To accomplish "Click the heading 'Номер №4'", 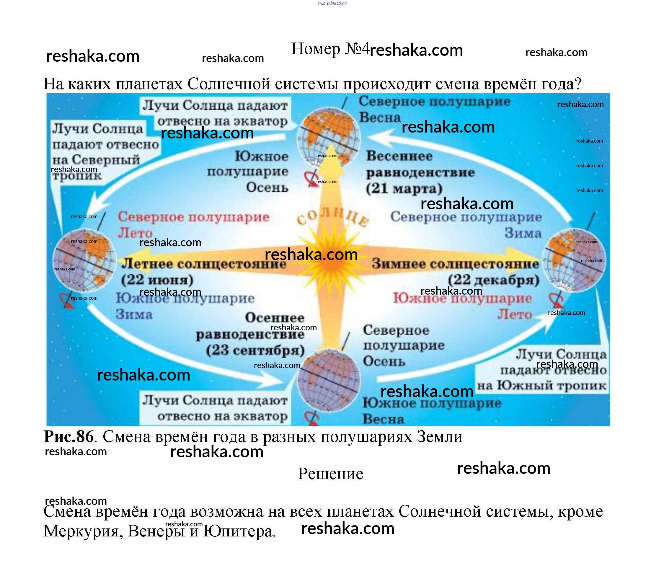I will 330,49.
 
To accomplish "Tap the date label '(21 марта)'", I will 404,189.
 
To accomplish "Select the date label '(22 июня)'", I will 157,280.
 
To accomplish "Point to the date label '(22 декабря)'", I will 494,280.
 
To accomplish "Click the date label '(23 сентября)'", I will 255,350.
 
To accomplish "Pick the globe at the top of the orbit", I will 329,138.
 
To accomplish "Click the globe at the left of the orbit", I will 84,260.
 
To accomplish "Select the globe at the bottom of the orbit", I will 329,380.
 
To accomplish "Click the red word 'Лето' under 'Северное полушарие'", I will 135,233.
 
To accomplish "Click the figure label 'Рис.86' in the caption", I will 69,436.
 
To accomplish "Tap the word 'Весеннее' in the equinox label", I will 399,156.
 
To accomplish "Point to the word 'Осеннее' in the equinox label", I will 275,318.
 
